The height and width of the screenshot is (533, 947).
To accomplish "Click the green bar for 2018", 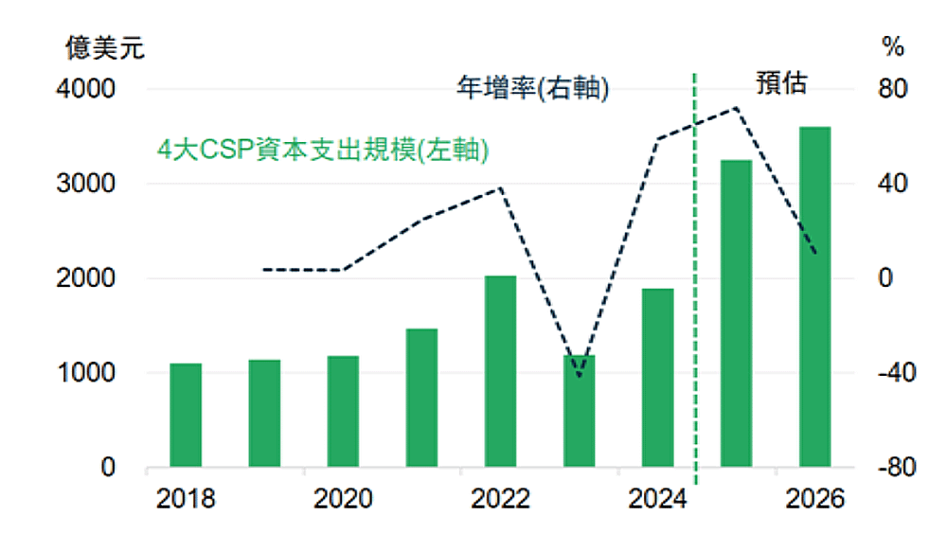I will point(186,416).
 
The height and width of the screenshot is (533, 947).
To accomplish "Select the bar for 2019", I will point(264,414).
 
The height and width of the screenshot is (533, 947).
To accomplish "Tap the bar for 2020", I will point(343,412).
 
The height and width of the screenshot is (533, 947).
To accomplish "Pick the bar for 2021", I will point(421,399).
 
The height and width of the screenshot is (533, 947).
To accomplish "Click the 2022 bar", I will point(500,372).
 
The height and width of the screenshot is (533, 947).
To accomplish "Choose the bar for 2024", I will point(657,378).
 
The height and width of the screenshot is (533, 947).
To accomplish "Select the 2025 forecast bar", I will point(736,314).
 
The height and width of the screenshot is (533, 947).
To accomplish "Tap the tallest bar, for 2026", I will point(814,297).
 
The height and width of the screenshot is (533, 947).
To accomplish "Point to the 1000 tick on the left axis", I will point(88,373).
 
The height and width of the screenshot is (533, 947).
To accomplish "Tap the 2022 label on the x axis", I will point(499,499).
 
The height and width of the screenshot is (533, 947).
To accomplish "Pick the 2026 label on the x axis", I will point(815,499).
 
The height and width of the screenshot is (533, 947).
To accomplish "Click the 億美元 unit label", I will point(105,46).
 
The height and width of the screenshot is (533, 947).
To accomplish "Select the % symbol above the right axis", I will point(893,46).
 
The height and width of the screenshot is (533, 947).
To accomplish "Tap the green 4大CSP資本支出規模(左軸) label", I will point(322,151).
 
